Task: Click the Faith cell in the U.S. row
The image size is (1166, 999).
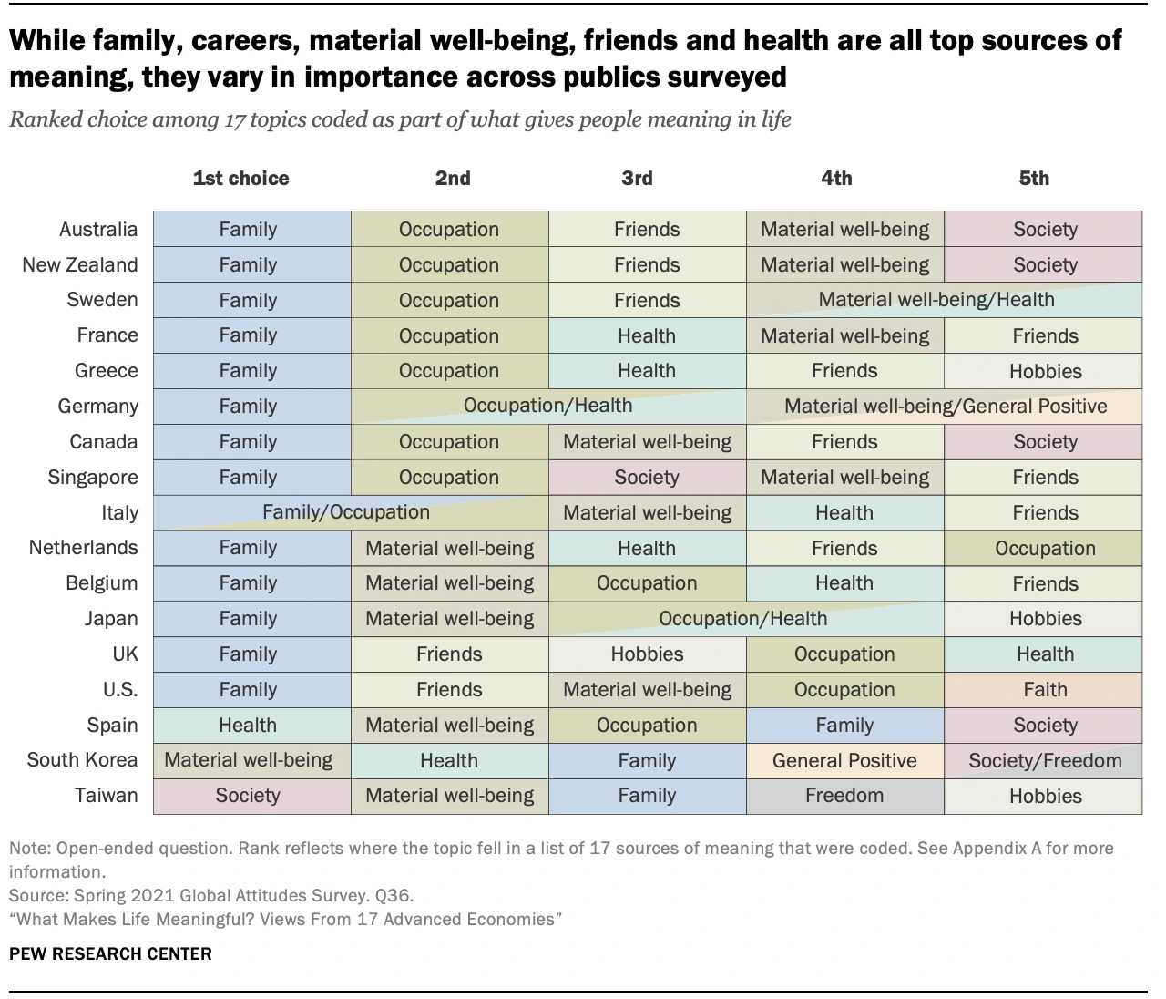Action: coord(1044,690)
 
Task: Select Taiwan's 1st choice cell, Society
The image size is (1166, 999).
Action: coord(248,796)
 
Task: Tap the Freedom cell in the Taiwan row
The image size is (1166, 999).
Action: coord(844,796)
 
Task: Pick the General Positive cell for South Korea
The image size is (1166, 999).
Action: coord(844,760)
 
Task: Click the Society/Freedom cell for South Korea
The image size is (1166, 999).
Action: coord(1044,760)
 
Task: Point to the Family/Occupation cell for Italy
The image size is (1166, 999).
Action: coord(346,512)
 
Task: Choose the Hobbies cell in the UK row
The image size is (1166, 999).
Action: coord(647,654)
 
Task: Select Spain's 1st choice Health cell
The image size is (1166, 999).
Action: coord(248,726)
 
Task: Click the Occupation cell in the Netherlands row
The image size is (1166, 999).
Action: coord(1044,548)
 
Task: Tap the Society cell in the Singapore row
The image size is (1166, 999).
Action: coord(647,478)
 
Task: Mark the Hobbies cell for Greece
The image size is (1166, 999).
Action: coord(1044,371)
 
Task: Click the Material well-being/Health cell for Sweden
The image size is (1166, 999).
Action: coord(936,300)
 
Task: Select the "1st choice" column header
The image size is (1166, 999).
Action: coord(240,179)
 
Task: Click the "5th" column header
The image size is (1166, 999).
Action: coord(1034,179)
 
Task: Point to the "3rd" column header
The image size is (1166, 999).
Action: coord(637,179)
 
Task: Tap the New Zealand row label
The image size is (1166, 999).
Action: coord(80,265)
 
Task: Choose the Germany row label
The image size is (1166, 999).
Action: coord(98,407)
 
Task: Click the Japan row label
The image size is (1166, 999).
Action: coord(111,619)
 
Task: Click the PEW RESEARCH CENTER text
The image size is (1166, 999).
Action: coord(110,954)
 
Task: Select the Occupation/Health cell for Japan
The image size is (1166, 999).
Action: coord(742,619)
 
